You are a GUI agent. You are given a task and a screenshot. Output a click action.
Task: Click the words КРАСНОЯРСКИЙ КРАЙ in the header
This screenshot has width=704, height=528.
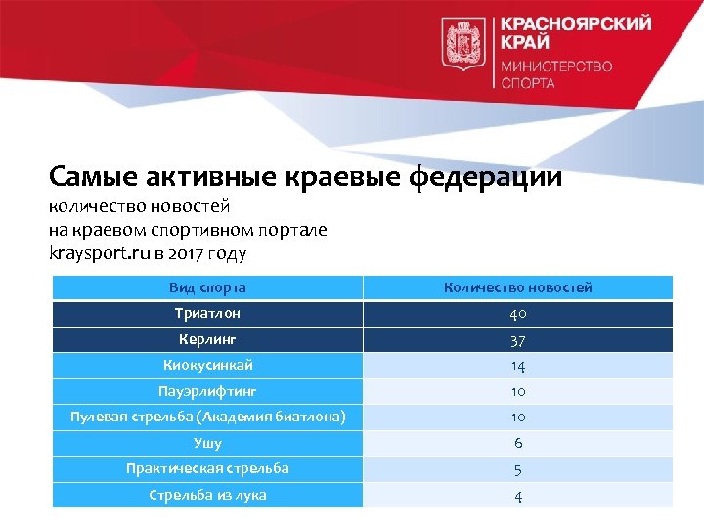coord(575,32)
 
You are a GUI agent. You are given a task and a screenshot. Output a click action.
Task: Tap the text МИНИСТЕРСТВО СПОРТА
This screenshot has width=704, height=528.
coord(556,74)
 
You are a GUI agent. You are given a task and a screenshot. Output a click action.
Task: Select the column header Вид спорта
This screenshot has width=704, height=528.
coord(207,287)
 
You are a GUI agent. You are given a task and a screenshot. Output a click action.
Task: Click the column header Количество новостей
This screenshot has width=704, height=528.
coord(517,287)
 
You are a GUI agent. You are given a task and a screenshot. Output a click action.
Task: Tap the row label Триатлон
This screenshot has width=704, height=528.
coord(207,314)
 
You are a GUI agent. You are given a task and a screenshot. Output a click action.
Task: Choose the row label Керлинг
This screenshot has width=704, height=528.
coord(207,339)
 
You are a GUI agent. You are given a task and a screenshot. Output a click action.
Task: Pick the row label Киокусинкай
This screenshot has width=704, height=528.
coord(207,365)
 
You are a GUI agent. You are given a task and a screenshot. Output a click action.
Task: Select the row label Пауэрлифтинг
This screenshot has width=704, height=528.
coord(207,391)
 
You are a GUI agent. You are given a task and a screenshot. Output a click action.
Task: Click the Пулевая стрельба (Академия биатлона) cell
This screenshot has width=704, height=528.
coord(207,417)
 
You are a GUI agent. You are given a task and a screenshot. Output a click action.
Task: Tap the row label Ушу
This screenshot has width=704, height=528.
coord(207,443)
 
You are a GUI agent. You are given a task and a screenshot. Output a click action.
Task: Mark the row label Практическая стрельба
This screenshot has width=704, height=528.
coord(207,468)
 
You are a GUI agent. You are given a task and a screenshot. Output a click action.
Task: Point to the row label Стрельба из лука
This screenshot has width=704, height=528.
coord(207,495)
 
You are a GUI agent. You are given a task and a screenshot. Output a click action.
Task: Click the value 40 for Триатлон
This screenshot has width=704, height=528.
coord(517,315)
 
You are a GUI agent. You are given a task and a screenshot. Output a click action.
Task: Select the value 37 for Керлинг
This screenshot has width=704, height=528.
coord(517,340)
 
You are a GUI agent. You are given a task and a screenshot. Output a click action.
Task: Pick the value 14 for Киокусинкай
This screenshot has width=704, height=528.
coord(517,366)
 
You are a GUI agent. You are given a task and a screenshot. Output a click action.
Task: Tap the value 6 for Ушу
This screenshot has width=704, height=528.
coord(517,443)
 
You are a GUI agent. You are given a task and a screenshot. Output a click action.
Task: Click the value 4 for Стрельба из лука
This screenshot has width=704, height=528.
coord(517,496)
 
